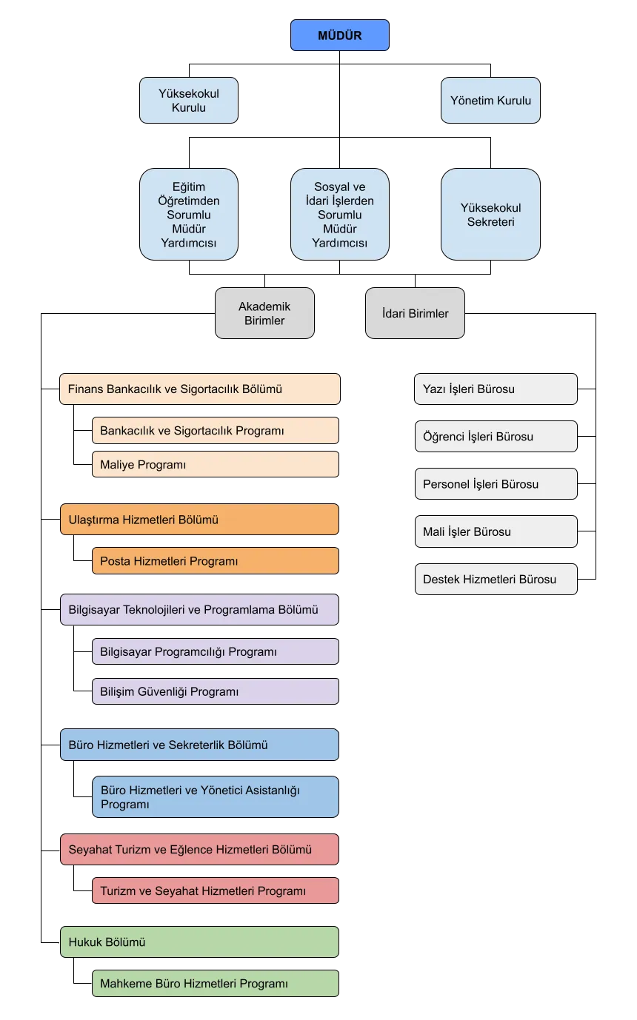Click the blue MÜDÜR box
(x=340, y=35)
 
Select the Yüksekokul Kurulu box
(x=189, y=100)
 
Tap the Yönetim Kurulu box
(x=491, y=100)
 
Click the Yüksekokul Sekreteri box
(x=491, y=215)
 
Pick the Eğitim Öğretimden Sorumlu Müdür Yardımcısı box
(x=189, y=215)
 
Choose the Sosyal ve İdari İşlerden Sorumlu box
(x=340, y=215)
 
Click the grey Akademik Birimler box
(x=264, y=313)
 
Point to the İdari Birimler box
(x=415, y=313)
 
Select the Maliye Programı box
(x=216, y=464)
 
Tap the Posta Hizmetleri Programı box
(x=216, y=561)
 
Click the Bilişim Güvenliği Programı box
(x=216, y=691)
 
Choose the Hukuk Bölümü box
(x=199, y=942)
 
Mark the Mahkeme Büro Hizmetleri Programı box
(x=216, y=984)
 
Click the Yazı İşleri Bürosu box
(x=496, y=389)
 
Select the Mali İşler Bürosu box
(x=496, y=531)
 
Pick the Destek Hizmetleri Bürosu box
(x=496, y=580)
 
